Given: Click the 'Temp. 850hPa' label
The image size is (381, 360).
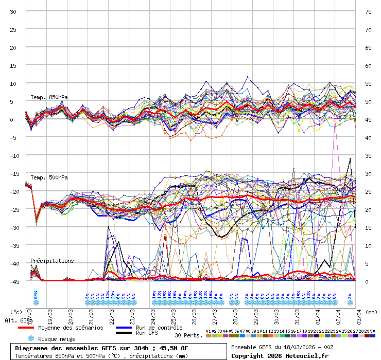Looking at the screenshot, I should tap(49, 97).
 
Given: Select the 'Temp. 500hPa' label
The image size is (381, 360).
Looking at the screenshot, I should tap(49, 177).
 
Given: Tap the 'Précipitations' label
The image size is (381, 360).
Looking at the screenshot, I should tap(52, 261).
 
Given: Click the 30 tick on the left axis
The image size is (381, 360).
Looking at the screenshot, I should tap(14, 11).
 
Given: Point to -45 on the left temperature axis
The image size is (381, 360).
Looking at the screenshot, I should tap(14, 281).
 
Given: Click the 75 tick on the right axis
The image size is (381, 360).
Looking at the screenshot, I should tap(368, 11).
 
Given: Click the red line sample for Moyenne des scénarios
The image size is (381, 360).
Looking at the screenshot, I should tap(26, 328).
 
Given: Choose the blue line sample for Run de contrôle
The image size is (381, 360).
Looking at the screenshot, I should tap(123, 328).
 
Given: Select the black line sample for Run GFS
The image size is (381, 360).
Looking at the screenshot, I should tap(123, 333).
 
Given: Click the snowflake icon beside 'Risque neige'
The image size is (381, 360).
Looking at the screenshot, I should tap(31, 338).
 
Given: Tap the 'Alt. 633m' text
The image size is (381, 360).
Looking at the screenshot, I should tap(19, 320).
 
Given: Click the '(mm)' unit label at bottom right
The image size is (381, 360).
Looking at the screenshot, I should tap(372, 312).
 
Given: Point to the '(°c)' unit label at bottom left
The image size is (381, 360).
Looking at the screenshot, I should tap(16, 312).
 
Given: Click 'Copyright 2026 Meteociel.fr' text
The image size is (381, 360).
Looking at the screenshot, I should tap(280, 355).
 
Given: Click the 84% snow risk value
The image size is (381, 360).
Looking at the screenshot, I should tap(36, 295).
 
